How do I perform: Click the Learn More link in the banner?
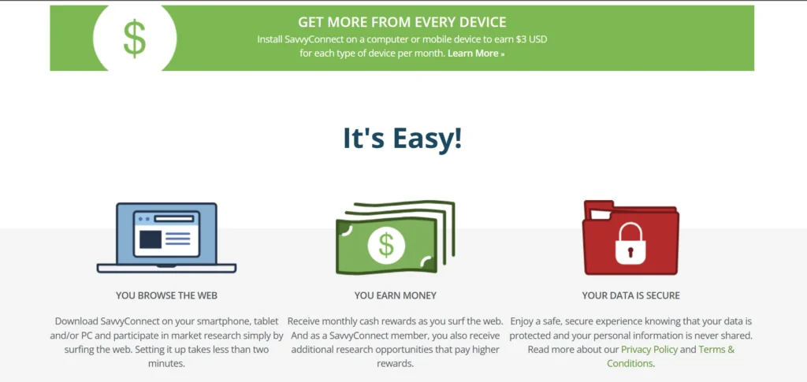click(475, 54)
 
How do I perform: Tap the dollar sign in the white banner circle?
click(134, 37)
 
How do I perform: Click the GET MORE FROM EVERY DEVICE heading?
click(402, 22)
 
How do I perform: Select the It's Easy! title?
click(402, 138)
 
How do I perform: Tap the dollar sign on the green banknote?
click(386, 245)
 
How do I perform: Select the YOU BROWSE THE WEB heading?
click(166, 295)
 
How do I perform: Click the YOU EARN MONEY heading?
click(395, 295)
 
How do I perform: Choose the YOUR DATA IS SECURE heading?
click(630, 295)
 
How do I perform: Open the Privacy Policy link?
click(649, 349)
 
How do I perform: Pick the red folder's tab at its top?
click(599, 206)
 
